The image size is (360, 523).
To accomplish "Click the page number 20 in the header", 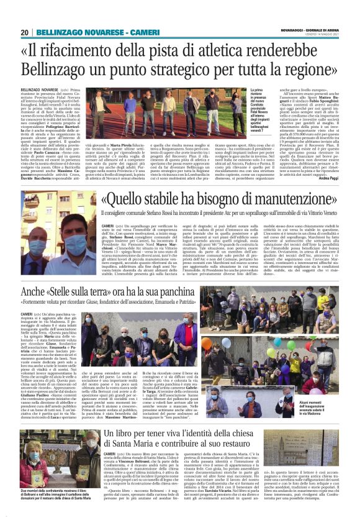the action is (25, 32).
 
